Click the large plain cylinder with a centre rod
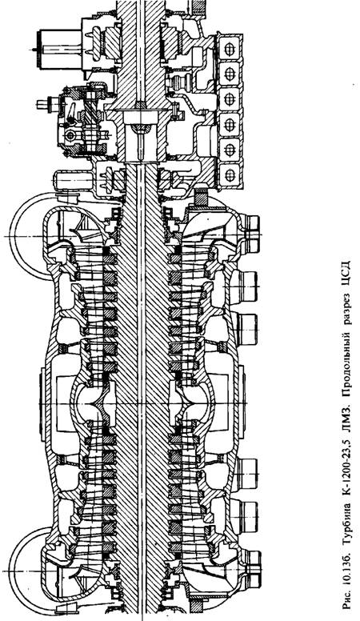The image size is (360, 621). (58, 49)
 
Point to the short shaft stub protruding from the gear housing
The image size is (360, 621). (42, 105)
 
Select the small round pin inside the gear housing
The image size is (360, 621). (70, 136)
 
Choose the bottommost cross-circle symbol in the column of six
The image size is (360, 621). (229, 174)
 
